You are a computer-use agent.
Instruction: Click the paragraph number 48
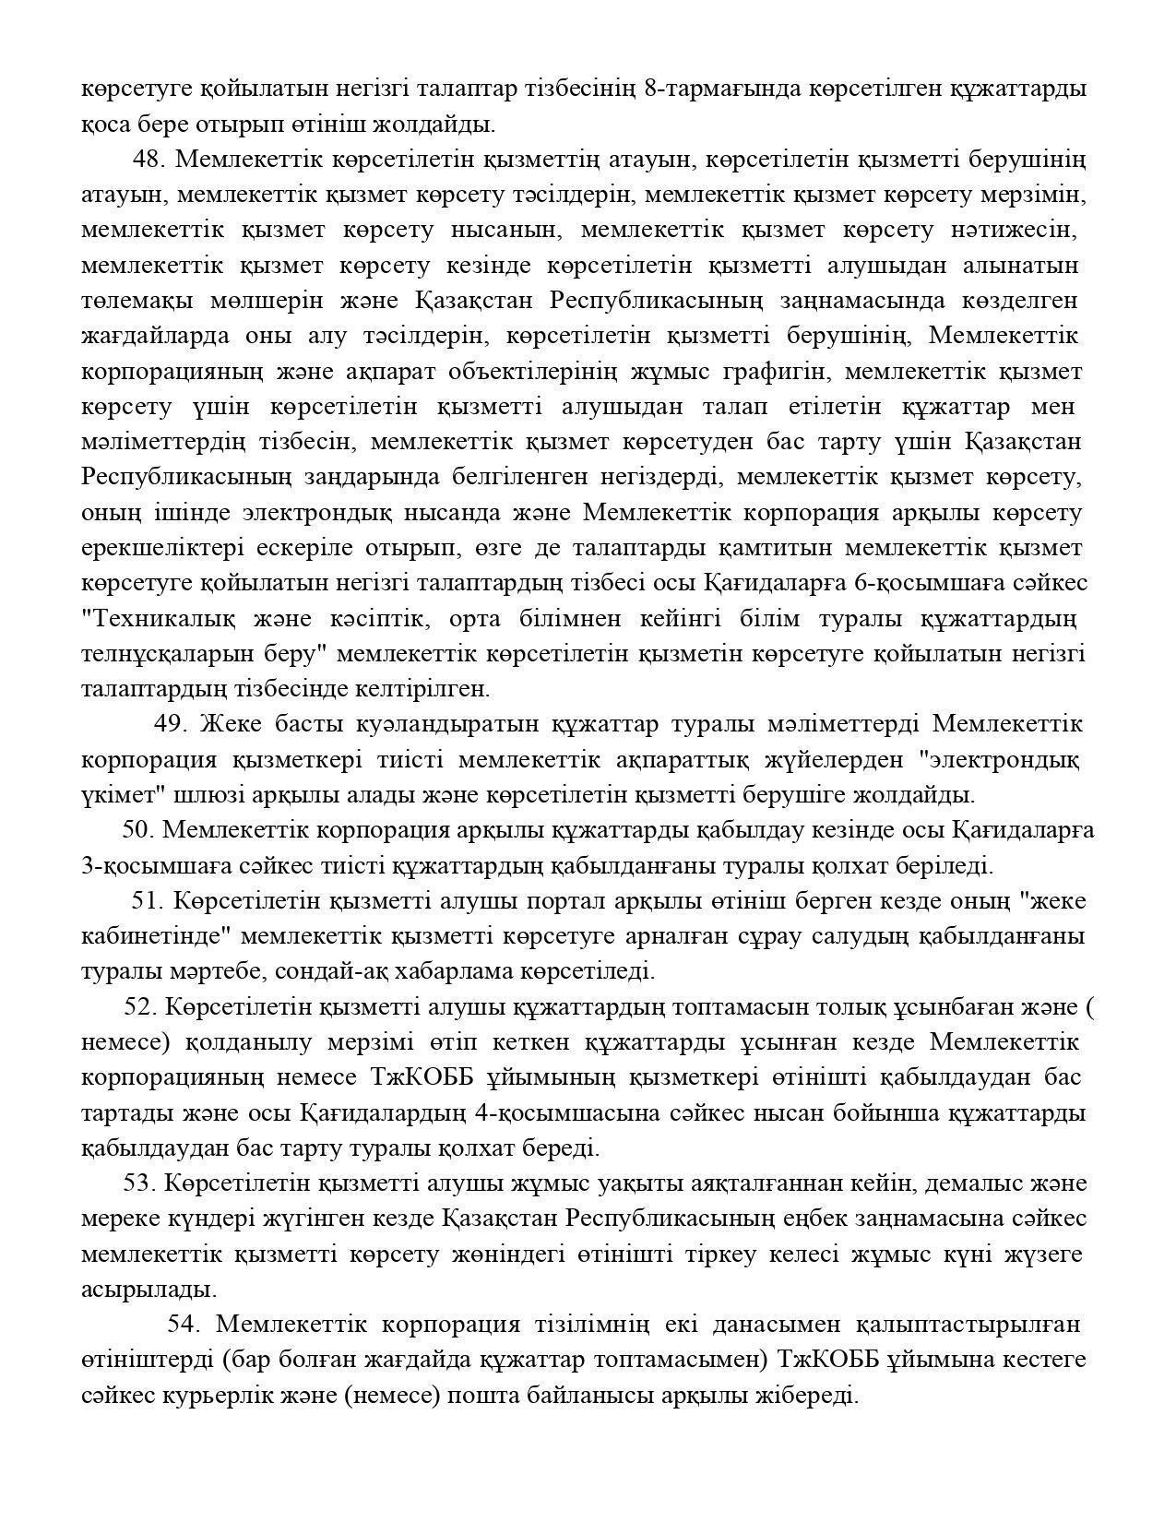148,160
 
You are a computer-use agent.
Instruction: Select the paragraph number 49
170,724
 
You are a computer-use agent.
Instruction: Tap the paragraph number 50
137,830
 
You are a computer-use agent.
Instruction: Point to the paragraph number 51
147,900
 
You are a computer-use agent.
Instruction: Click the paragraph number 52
138,1006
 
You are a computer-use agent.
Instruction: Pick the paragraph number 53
138,1183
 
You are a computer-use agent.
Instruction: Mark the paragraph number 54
184,1325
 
